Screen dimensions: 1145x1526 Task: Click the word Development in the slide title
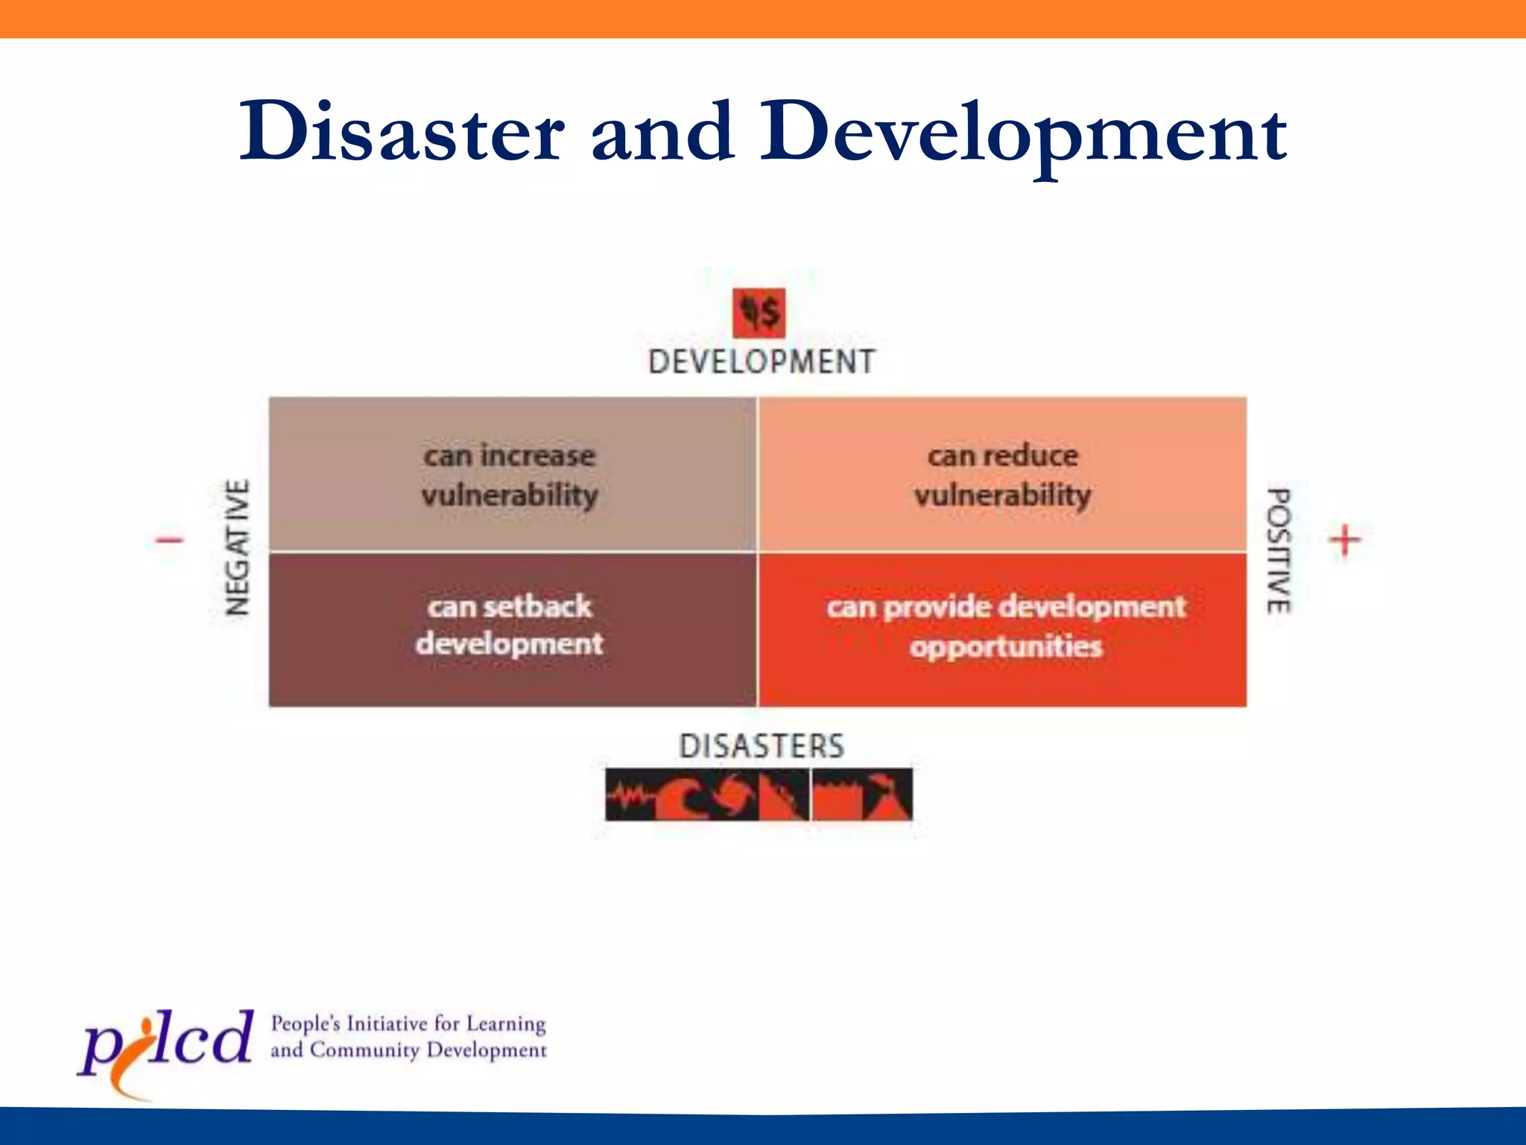pyautogui.click(x=1022, y=134)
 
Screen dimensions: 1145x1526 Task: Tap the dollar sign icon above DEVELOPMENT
pyautogui.click(x=759, y=312)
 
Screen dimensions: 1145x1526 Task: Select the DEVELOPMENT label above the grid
pyautogui.click(x=762, y=362)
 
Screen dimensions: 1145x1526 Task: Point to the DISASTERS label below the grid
pyautogui.click(x=762, y=746)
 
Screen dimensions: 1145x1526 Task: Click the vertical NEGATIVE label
pyautogui.click(x=237, y=548)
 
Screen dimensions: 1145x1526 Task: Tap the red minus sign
pyautogui.click(x=170, y=539)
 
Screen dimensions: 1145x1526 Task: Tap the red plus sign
pyautogui.click(x=1345, y=540)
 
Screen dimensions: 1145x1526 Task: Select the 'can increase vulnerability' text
pyautogui.click(x=510, y=476)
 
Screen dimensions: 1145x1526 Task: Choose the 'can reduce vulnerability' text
pyautogui.click(x=1003, y=476)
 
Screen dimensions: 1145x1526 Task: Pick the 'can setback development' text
pyautogui.click(x=510, y=625)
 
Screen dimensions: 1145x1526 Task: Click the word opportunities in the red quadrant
pyautogui.click(x=1006, y=646)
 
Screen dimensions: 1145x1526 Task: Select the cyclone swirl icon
pyautogui.click(x=733, y=795)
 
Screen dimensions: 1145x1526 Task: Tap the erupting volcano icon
pyautogui.click(x=887, y=795)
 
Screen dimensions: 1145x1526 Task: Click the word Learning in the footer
pyautogui.click(x=506, y=1024)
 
